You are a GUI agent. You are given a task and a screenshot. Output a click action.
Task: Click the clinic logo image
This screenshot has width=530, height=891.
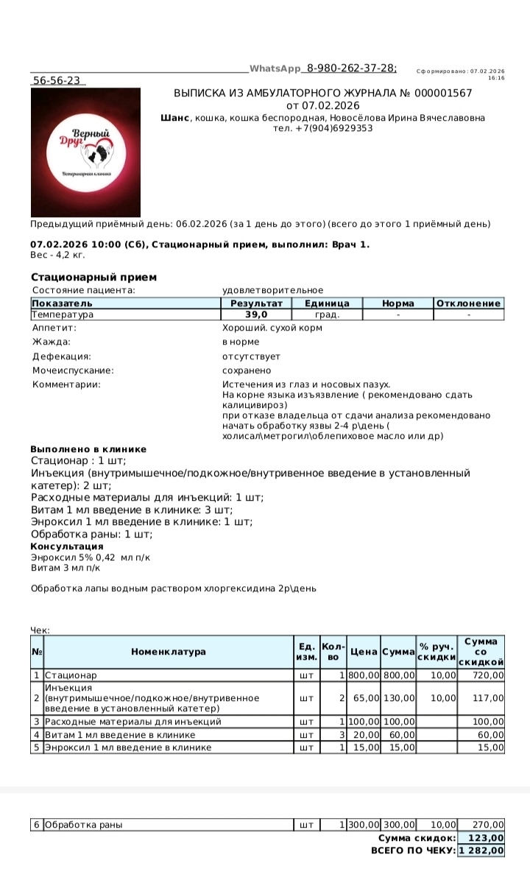pos(85,152)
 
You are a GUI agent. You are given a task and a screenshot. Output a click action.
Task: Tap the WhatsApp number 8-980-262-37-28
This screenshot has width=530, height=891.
pos(351,68)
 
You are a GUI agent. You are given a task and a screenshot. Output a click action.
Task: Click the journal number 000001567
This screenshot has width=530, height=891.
pos(441,94)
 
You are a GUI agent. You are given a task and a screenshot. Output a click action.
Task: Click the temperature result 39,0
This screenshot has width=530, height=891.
pos(256,314)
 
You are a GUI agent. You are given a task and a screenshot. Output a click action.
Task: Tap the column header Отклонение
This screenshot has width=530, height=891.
pos(469,303)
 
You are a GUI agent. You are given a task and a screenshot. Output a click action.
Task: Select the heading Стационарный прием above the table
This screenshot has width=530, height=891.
pos(93,277)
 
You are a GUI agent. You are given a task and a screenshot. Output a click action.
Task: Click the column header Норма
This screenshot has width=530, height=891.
pos(397,303)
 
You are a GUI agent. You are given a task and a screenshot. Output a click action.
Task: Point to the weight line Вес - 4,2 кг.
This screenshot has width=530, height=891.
pos(58,255)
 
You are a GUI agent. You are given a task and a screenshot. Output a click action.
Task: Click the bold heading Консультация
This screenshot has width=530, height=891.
pos(66,546)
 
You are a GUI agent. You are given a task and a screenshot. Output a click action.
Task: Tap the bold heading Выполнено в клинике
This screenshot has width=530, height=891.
pos(88,449)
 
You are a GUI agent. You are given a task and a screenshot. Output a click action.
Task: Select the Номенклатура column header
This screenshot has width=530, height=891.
pos(169,652)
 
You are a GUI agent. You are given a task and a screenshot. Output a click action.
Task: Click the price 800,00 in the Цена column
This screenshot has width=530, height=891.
pos(364,675)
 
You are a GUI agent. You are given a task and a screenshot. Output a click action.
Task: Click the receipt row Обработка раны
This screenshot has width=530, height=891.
pos(83,825)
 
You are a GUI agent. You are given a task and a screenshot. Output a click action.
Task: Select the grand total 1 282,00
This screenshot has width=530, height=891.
pos(482,850)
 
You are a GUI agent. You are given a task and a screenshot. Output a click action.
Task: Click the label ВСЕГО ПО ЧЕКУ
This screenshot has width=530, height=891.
pos(413,850)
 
